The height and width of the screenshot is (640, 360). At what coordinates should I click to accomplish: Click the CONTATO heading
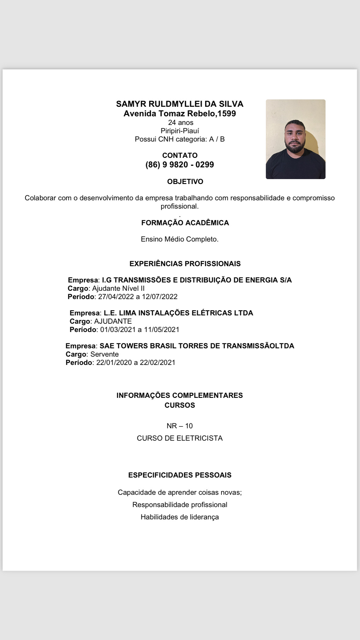[x=180, y=155]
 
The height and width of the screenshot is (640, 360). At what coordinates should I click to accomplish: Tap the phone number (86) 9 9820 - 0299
[x=180, y=165]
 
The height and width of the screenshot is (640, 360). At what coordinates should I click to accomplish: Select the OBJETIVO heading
[x=185, y=182]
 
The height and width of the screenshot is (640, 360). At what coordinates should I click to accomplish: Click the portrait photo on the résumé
[x=295, y=139]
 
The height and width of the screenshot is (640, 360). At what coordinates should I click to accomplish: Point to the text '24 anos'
[x=181, y=123]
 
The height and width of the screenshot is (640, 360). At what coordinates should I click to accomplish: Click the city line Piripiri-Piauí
[x=180, y=131]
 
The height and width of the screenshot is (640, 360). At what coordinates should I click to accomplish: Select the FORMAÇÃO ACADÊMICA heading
[x=185, y=223]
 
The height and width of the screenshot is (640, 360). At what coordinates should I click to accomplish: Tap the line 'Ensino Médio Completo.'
[x=180, y=239]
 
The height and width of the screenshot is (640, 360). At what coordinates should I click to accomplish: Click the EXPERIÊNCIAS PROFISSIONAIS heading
[x=185, y=264]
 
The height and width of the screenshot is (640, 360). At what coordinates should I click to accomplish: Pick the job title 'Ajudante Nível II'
[x=118, y=288]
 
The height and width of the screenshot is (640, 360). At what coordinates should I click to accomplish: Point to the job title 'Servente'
[x=105, y=354]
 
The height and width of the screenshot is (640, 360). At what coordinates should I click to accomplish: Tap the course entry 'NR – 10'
[x=180, y=426]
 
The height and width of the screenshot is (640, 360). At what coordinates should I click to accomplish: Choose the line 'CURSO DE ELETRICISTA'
[x=180, y=438]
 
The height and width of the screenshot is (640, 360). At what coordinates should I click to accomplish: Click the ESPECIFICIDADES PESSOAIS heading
[x=180, y=475]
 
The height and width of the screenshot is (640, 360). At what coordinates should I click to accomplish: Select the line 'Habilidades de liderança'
[x=180, y=517]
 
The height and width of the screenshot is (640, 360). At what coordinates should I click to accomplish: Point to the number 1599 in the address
[x=227, y=114]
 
